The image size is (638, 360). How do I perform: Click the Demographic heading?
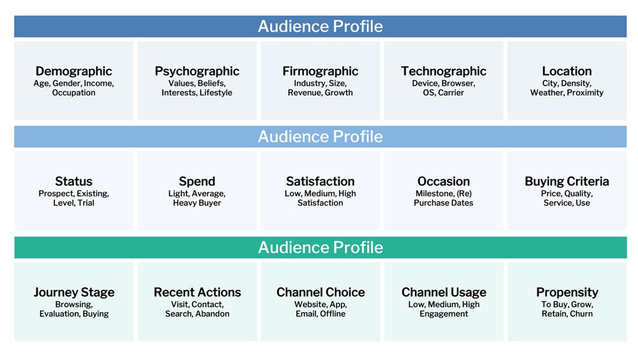[x=74, y=71]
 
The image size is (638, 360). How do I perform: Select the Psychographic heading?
[x=197, y=71]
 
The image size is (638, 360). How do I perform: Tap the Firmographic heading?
[x=320, y=71]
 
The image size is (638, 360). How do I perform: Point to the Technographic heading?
[x=444, y=71]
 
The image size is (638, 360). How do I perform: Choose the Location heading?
[x=567, y=71]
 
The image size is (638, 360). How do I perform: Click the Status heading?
[x=74, y=181]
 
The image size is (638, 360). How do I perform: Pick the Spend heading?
[x=197, y=181]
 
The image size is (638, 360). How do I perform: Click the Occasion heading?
[x=444, y=181]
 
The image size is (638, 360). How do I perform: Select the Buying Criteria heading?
[x=567, y=181]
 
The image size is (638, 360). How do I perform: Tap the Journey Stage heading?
[x=74, y=293]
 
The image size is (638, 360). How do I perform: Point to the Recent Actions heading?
[x=198, y=292]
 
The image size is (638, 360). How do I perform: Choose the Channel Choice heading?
[x=321, y=292]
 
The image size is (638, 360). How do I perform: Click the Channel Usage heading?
[x=444, y=293]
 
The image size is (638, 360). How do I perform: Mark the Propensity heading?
[x=567, y=293]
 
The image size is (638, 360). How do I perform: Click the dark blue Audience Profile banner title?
[x=320, y=26]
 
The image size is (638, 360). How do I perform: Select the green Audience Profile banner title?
[x=321, y=247]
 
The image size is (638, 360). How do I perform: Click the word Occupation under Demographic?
[x=74, y=93]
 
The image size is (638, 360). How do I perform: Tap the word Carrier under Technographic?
[x=451, y=93]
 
